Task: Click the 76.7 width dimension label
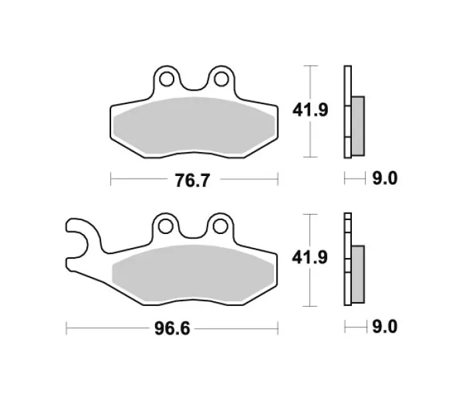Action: tap(192, 180)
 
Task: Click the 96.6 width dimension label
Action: tap(172, 329)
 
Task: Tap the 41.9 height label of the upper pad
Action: tap(311, 110)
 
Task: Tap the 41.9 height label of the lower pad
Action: tap(310, 257)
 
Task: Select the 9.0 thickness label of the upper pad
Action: tap(385, 179)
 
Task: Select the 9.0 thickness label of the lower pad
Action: tap(385, 327)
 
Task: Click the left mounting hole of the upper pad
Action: tap(166, 79)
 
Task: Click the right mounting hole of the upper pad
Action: tap(221, 79)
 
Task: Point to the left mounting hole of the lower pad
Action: tap(166, 227)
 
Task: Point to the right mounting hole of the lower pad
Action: tap(220, 227)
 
